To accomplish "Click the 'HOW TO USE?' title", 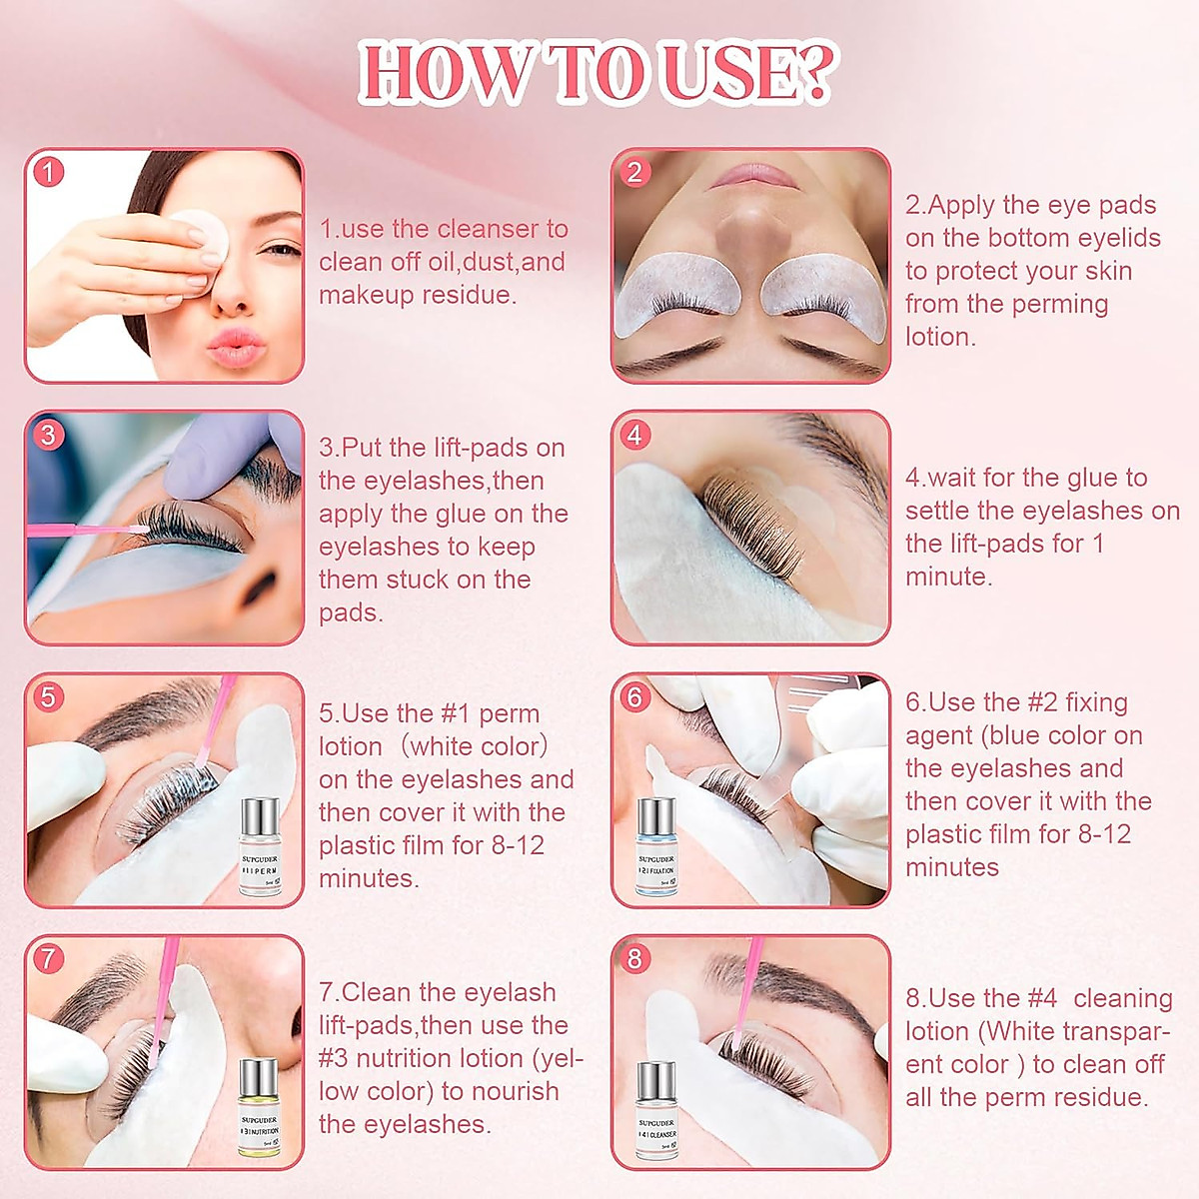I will coord(598,73).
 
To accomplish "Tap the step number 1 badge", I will coord(48,172).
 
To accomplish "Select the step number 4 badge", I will coord(634,435).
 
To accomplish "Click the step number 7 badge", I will coord(48,958).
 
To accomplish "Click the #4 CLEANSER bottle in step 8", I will coord(655,1111).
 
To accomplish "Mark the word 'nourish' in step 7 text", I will coord(514,1091).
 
